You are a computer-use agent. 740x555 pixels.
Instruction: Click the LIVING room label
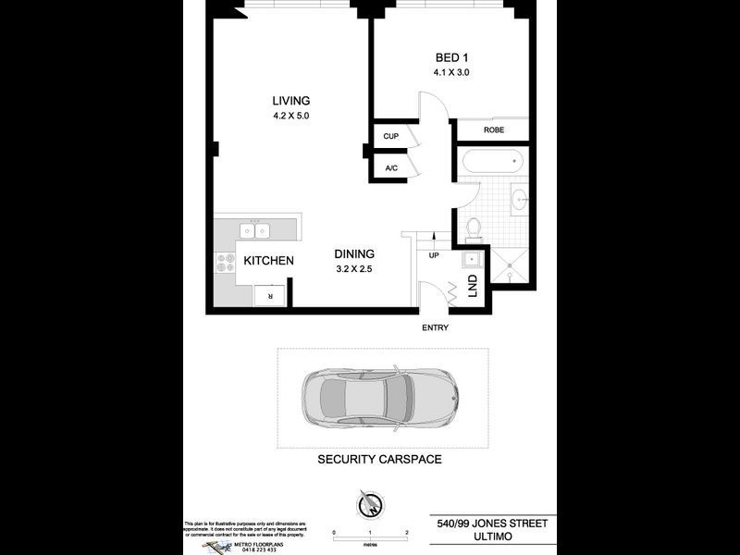coord(290,101)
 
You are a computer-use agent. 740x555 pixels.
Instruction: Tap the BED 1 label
coord(451,57)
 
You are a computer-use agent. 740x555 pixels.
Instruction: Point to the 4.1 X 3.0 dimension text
coord(451,72)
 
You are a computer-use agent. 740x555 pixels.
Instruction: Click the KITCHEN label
coord(269,261)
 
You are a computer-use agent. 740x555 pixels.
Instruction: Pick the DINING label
coord(354,253)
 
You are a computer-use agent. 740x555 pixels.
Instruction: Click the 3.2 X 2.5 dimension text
coord(354,270)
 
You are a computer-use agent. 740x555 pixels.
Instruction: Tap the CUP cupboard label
coord(390,137)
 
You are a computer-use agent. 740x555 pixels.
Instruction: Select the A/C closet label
coord(390,168)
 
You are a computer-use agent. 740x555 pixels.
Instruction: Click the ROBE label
coord(494,130)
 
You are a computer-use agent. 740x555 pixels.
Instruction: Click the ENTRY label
coord(436,328)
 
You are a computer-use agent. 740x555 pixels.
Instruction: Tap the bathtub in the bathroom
coord(491,162)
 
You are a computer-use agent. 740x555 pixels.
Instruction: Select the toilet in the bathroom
coord(473,226)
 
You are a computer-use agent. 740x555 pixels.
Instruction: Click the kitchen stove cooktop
coord(225,263)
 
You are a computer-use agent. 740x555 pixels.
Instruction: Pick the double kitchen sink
coord(254,229)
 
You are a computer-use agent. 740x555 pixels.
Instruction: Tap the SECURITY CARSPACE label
coord(379,460)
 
